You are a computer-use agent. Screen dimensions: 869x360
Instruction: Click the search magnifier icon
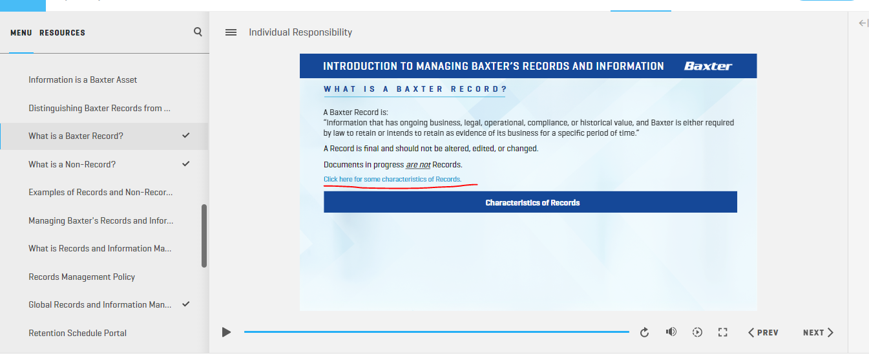click(198, 32)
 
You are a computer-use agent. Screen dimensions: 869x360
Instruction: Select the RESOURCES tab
click(62, 33)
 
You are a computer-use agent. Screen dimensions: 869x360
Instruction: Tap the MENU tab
click(21, 33)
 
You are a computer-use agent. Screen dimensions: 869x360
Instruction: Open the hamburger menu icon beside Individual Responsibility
click(231, 32)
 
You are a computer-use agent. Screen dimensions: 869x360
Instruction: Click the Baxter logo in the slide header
click(708, 66)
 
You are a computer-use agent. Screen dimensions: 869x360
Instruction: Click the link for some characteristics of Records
click(392, 179)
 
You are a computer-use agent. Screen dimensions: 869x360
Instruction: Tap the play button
click(227, 332)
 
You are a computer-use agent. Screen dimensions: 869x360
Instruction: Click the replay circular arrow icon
click(644, 332)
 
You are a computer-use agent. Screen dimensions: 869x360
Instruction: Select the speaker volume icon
click(671, 332)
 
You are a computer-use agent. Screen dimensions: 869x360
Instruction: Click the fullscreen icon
click(722, 332)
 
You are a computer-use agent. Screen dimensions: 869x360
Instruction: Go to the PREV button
click(763, 333)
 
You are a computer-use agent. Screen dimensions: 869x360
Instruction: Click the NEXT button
click(818, 333)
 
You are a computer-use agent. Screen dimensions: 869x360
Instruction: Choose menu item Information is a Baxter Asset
click(83, 80)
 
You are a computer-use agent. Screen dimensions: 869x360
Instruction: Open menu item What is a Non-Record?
click(72, 164)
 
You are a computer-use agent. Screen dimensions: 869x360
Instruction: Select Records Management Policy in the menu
click(82, 277)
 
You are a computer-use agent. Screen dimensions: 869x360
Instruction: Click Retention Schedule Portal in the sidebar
click(78, 334)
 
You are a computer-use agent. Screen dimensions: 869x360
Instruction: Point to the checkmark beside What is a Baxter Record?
click(186, 135)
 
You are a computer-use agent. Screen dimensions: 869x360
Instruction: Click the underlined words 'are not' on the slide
click(418, 165)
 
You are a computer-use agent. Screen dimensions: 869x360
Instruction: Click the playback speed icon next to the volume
click(697, 332)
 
